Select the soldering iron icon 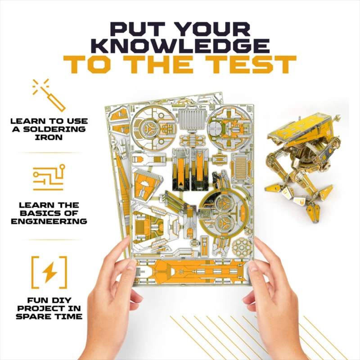(49, 95)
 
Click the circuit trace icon (49, 177)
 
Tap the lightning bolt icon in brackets (49, 272)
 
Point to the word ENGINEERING (49, 221)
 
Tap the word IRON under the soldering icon (49, 137)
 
